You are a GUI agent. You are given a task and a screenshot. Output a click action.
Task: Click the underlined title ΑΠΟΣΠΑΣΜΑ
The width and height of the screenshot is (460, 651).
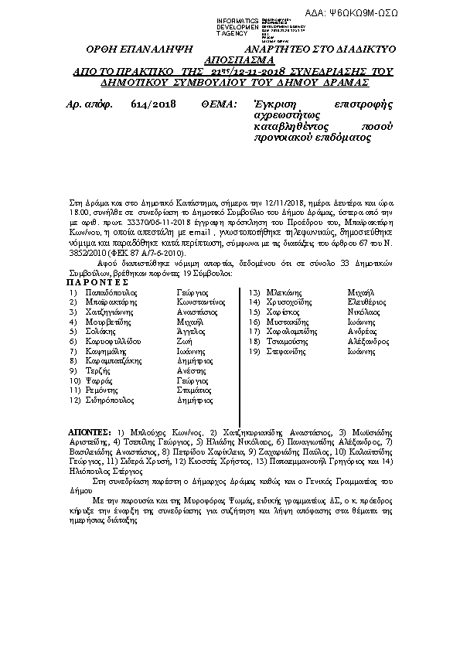(x=244, y=59)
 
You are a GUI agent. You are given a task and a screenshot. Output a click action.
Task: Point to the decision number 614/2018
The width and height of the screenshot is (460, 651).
(x=145, y=104)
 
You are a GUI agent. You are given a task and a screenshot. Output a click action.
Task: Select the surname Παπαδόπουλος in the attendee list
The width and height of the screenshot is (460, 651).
(x=109, y=294)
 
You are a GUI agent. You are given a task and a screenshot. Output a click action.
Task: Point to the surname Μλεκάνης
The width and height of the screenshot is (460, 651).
(x=285, y=294)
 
